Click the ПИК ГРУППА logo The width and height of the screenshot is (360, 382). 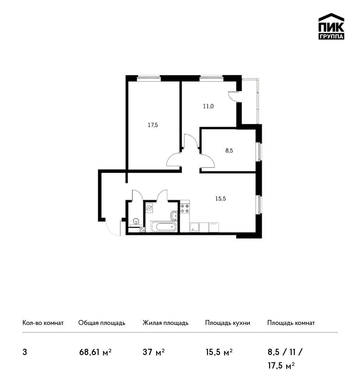331,27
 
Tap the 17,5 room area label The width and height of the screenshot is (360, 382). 153,125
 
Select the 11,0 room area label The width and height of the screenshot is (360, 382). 208,106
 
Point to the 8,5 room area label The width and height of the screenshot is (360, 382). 229,151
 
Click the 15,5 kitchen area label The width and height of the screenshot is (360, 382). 220,199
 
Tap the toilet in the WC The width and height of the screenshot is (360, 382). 135,222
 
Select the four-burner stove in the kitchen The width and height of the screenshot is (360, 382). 184,209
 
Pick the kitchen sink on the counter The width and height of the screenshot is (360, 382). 194,227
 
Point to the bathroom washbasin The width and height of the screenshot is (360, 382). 174,216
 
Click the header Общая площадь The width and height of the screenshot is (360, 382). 102,323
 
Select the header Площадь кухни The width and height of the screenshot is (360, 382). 228,323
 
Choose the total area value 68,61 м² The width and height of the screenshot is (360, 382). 95,352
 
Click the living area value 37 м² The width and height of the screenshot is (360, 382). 153,352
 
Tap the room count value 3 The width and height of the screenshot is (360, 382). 25,352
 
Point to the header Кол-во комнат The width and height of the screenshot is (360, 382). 43,323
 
